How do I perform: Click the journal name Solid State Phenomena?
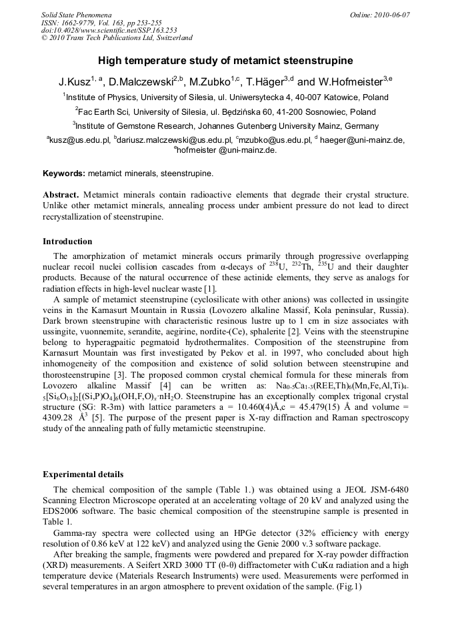click(76, 15)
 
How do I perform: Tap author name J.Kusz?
click(73, 82)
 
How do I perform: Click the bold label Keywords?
click(64, 174)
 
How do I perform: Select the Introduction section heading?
click(67, 242)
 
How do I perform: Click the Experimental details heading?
click(83, 474)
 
